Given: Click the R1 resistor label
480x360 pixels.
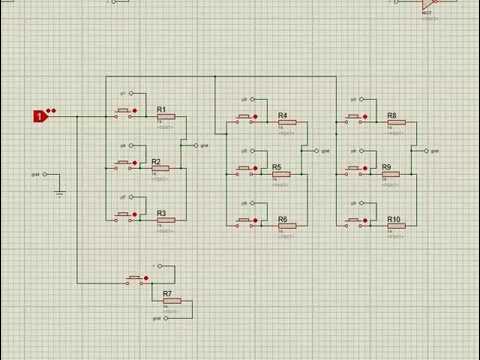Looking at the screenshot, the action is [162, 109].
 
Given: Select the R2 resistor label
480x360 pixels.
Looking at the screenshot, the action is [156, 161].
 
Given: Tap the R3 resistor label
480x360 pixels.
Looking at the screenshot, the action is [162, 213].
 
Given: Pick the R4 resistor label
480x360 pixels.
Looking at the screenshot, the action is [283, 115].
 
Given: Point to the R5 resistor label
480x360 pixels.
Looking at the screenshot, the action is [277, 167].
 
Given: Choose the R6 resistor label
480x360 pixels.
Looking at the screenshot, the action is [283, 219].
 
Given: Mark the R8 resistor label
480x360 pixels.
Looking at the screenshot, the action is [392, 115].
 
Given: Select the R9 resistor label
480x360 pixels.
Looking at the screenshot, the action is [386, 167].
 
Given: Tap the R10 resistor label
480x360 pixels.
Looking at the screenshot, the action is [394, 219].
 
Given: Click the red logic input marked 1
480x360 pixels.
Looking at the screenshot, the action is [40, 116].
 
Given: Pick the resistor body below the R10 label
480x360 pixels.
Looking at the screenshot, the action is [396, 227].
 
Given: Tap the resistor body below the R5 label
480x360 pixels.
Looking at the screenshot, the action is [281, 174].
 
